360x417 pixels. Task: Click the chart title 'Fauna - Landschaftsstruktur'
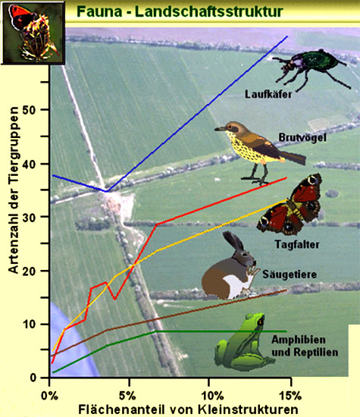click(x=180, y=11)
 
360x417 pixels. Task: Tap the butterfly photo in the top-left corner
click(x=33, y=33)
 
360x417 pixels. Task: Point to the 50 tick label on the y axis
click(x=30, y=110)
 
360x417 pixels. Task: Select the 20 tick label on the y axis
click(x=30, y=271)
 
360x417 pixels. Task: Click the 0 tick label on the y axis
click(x=33, y=378)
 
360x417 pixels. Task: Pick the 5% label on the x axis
click(x=127, y=396)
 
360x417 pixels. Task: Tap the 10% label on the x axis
click(x=212, y=396)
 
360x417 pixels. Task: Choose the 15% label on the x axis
click(x=290, y=396)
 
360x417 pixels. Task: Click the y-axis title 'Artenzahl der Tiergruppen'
click(x=14, y=190)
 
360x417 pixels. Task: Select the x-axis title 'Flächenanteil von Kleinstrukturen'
click(x=188, y=409)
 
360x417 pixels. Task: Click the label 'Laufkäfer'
click(x=268, y=95)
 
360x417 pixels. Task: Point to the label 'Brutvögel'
click(x=302, y=137)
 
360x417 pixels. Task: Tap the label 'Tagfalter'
click(x=297, y=244)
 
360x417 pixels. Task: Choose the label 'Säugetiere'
click(x=290, y=274)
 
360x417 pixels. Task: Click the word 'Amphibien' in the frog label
click(x=299, y=340)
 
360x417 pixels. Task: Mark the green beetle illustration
click(x=311, y=68)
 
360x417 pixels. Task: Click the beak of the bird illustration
click(x=220, y=129)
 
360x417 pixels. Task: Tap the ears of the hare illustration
click(x=233, y=240)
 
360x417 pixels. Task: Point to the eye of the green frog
click(x=261, y=321)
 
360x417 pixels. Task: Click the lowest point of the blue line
click(x=106, y=191)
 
